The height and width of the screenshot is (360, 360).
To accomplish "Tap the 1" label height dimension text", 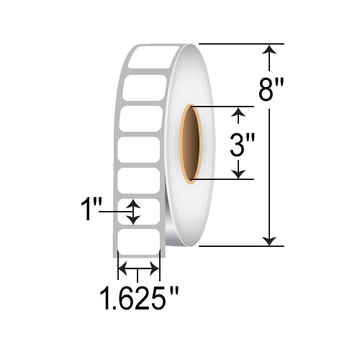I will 90,213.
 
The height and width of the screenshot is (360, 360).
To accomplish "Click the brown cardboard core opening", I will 193,145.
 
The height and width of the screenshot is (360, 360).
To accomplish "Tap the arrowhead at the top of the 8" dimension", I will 270,49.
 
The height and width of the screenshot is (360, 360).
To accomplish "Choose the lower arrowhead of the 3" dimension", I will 240,174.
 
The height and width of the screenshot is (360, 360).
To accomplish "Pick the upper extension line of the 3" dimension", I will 223,107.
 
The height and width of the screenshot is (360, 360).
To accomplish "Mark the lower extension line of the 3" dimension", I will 223,179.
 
